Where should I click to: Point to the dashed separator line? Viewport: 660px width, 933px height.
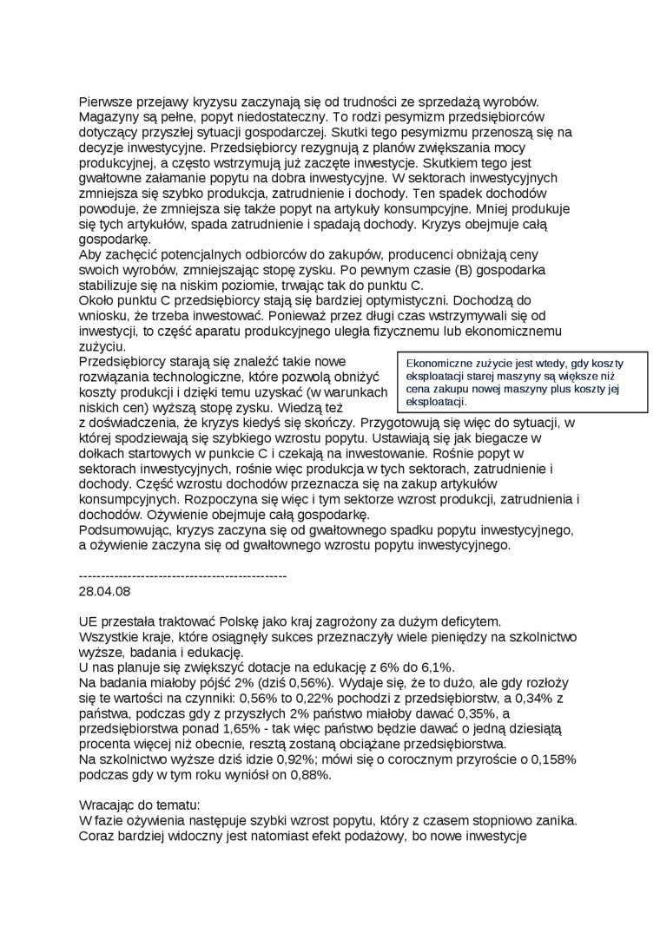click(x=182, y=575)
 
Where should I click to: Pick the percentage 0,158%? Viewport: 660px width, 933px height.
click(x=551, y=760)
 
